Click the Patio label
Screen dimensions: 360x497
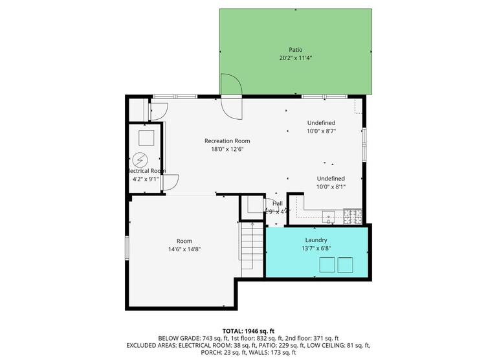[x=295, y=49]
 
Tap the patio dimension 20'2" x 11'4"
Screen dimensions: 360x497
[x=295, y=58]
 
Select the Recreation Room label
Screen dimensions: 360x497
[x=227, y=141]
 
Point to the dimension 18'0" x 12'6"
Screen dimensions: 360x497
[x=227, y=149]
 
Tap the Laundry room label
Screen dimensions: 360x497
[x=316, y=240]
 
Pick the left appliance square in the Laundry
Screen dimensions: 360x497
[x=328, y=265]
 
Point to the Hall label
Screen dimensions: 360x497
[x=278, y=203]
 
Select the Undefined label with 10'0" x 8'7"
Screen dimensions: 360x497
[x=321, y=122]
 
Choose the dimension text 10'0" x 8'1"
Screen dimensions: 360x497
[x=331, y=186]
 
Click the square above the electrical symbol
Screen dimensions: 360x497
[x=146, y=137]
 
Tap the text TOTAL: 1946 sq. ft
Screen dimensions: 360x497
[x=248, y=330]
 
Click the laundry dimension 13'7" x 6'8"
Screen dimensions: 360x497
[x=316, y=249]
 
